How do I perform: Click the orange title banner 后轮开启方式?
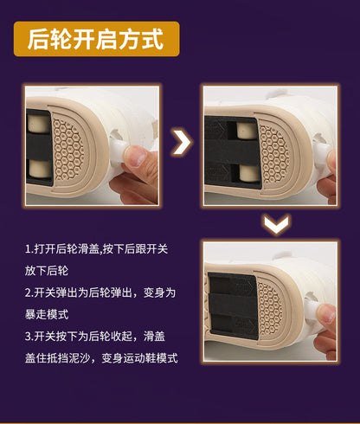(97, 39)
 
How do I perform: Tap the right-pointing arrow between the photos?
(182, 142)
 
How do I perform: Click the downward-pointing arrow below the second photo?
(276, 224)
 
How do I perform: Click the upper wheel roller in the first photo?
(39, 124)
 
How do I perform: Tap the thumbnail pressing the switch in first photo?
(136, 155)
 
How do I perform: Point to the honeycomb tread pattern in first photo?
(69, 150)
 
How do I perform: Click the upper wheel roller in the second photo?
(246, 130)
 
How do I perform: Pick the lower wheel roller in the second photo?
(249, 173)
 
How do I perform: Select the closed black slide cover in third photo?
(233, 305)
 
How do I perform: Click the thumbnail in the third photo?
(326, 313)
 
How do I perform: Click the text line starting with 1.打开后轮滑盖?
(96, 249)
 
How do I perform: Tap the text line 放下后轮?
(47, 271)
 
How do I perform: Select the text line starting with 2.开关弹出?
(100, 292)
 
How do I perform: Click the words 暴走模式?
(47, 315)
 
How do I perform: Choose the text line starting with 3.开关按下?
(95, 337)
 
